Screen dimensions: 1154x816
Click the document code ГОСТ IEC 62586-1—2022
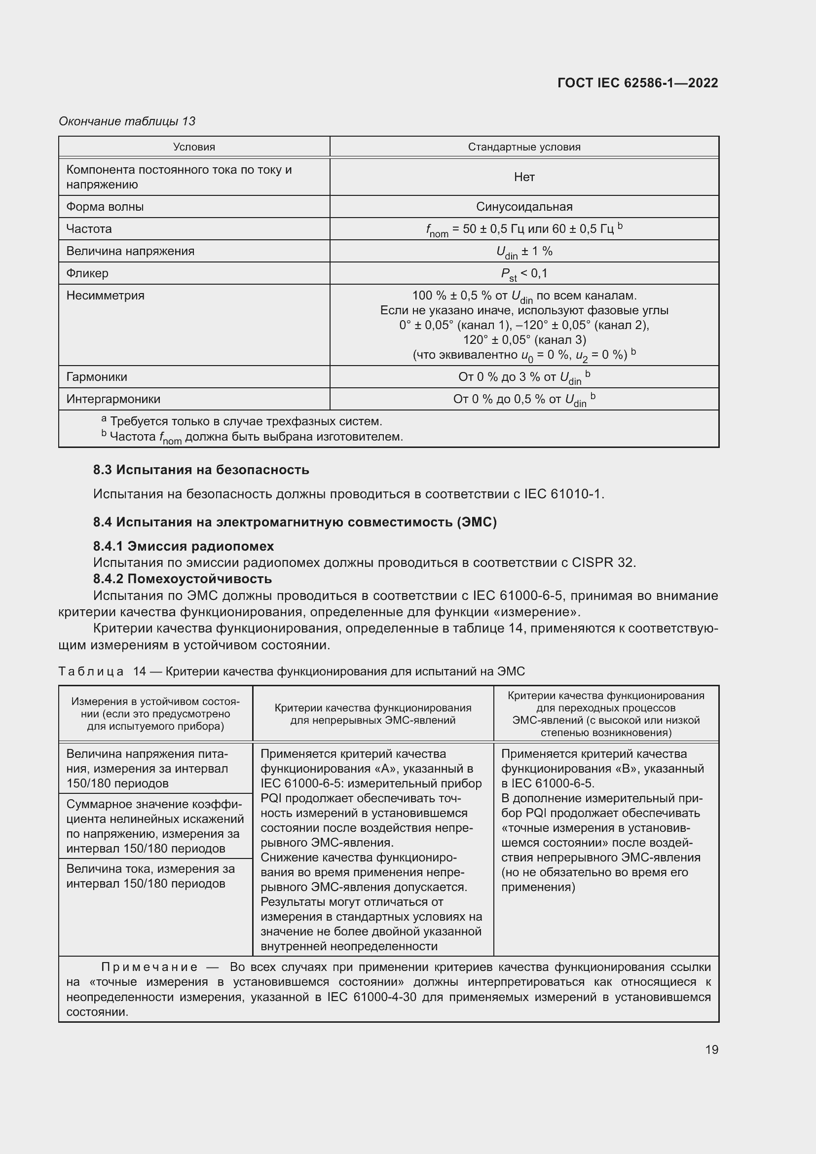point(637,83)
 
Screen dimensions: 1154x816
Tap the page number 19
point(711,1049)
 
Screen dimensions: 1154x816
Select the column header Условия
point(194,147)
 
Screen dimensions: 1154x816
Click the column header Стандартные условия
point(524,147)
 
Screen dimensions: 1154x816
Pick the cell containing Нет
point(524,177)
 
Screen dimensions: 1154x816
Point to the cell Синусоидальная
point(524,207)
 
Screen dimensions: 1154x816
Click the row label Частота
point(89,229)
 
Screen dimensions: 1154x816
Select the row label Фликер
point(87,273)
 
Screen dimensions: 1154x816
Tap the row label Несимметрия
point(106,295)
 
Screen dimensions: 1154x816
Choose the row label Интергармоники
point(113,399)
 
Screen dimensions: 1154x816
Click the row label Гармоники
point(97,376)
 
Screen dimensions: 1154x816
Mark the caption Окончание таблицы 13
point(127,121)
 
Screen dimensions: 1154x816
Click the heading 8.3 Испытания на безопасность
point(201,470)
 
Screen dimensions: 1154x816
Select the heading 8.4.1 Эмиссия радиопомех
point(184,546)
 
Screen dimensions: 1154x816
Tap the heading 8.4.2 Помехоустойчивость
point(183,579)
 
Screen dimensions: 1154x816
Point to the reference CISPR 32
point(603,562)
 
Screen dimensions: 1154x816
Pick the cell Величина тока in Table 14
point(151,876)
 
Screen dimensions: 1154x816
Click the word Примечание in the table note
point(149,967)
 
